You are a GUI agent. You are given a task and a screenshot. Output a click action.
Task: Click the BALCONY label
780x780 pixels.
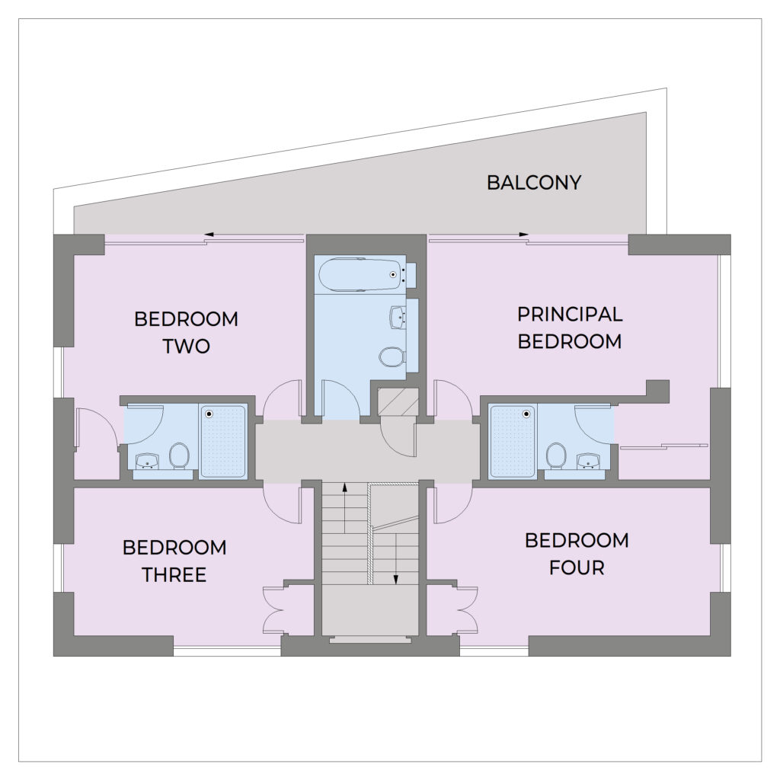click(534, 183)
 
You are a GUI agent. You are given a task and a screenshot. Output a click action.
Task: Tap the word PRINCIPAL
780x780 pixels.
click(570, 315)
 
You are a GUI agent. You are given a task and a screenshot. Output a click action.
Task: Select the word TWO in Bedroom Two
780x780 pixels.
click(187, 347)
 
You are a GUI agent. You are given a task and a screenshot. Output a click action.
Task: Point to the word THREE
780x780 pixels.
click(174, 575)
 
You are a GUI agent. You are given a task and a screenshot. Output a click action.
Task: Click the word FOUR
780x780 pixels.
click(577, 567)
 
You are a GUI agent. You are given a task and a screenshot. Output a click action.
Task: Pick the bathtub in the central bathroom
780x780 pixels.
click(362, 274)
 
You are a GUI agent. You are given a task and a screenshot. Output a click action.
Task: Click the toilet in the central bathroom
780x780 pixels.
click(393, 356)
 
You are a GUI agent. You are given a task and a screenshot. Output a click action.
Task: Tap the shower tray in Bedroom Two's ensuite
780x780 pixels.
click(223, 442)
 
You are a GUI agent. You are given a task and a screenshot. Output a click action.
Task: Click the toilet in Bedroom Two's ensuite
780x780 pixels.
click(179, 456)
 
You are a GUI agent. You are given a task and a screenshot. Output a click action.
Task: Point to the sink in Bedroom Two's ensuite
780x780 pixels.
click(147, 461)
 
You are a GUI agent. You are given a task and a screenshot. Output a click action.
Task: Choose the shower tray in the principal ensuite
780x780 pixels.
click(513, 442)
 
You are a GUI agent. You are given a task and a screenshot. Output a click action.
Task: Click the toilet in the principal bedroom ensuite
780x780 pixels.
click(555, 456)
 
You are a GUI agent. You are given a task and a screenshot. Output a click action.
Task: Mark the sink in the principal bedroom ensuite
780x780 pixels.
click(588, 461)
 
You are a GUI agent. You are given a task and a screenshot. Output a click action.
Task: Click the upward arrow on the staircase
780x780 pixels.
click(344, 507)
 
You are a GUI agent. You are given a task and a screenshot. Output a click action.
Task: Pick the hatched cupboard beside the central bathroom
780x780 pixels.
click(398, 401)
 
